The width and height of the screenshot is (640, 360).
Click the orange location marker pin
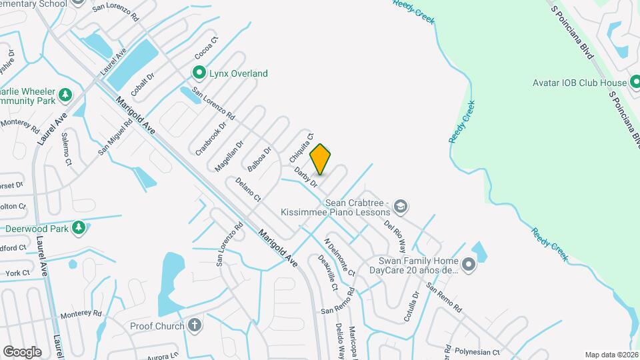[x=321, y=159]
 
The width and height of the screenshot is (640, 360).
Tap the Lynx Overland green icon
[x=199, y=73]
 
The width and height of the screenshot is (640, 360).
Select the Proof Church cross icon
[x=195, y=325]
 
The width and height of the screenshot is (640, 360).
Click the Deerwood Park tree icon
[x=79, y=228]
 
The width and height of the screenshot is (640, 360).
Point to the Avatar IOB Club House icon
[x=637, y=83]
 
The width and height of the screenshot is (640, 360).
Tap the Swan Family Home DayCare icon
[x=469, y=265]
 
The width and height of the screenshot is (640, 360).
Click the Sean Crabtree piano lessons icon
[x=400, y=206]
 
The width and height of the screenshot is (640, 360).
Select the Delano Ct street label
[x=247, y=189]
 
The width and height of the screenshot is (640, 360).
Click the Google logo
[x=22, y=351]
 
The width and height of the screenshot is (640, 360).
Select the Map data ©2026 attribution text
[x=611, y=355]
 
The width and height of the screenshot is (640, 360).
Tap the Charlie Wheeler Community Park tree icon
[x=65, y=95]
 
